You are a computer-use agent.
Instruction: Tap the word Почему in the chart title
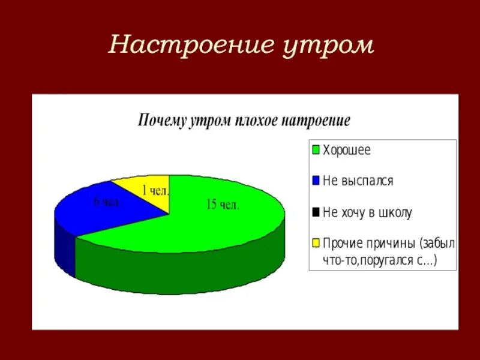(161, 119)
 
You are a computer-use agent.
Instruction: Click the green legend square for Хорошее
(315, 149)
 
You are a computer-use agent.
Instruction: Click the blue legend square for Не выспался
(315, 179)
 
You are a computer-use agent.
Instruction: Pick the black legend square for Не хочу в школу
(315, 211)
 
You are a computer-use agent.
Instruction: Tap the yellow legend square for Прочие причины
(315, 243)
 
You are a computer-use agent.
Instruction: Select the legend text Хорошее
(347, 149)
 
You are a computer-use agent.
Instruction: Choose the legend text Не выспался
(358, 180)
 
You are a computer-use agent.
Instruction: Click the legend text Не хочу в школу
(367, 212)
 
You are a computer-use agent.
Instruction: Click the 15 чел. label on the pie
(223, 205)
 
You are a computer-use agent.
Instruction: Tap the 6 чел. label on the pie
(107, 202)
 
